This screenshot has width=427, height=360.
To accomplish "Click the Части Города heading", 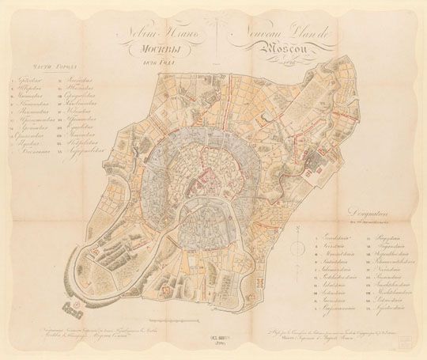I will click(43, 68).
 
